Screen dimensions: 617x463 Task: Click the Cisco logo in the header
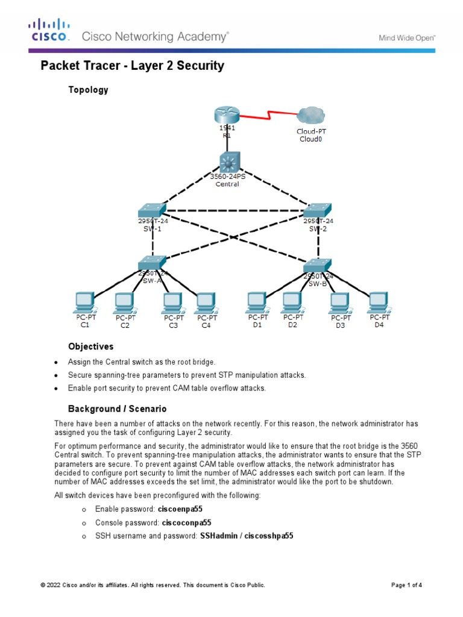pyautogui.click(x=50, y=31)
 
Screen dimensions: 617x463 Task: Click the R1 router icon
pyautogui.click(x=227, y=115)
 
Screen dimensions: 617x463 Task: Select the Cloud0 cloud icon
pyautogui.click(x=310, y=116)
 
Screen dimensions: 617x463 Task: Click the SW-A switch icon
pyautogui.click(x=151, y=263)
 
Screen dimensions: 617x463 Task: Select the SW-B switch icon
pyautogui.click(x=317, y=265)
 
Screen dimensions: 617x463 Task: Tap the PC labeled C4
pyautogui.click(x=205, y=301)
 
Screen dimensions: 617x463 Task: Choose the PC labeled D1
pyautogui.click(x=257, y=301)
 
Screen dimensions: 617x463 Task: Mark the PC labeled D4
pyautogui.click(x=378, y=301)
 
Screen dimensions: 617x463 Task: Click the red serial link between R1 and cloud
pyautogui.click(x=269, y=114)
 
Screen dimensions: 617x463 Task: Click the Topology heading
pyautogui.click(x=88, y=90)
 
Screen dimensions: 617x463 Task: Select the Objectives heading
pyautogui.click(x=90, y=347)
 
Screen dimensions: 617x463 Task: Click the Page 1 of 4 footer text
pyautogui.click(x=406, y=585)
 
